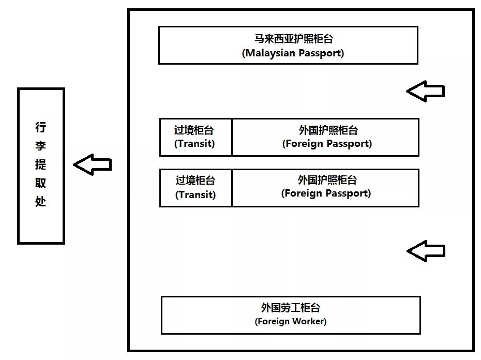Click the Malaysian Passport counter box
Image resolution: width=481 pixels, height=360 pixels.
click(288, 46)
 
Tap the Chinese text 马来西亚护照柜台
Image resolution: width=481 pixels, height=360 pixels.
click(293, 39)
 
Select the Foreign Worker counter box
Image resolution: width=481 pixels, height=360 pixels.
click(291, 315)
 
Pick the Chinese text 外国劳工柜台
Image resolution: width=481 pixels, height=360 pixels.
click(291, 308)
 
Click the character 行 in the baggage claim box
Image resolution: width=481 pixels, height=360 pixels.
click(41, 127)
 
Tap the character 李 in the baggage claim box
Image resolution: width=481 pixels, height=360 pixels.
click(41, 146)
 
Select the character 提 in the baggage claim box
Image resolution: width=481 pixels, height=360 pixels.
click(41, 164)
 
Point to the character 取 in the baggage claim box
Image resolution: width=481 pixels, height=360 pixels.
click(41, 183)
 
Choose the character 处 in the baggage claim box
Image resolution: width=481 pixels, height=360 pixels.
click(41, 201)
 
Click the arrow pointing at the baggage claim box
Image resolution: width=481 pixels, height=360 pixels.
click(92, 164)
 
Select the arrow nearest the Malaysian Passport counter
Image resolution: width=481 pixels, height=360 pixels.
click(425, 91)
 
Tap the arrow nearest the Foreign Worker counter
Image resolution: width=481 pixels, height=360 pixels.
click(426, 251)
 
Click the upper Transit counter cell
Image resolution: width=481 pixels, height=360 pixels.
click(196, 137)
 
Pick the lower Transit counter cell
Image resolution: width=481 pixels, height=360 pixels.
click(196, 188)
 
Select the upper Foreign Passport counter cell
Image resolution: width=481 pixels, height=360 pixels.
click(325, 137)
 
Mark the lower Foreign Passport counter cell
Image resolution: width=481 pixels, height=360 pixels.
click(325, 188)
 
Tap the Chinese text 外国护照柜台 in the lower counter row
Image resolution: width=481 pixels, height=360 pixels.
click(327, 180)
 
